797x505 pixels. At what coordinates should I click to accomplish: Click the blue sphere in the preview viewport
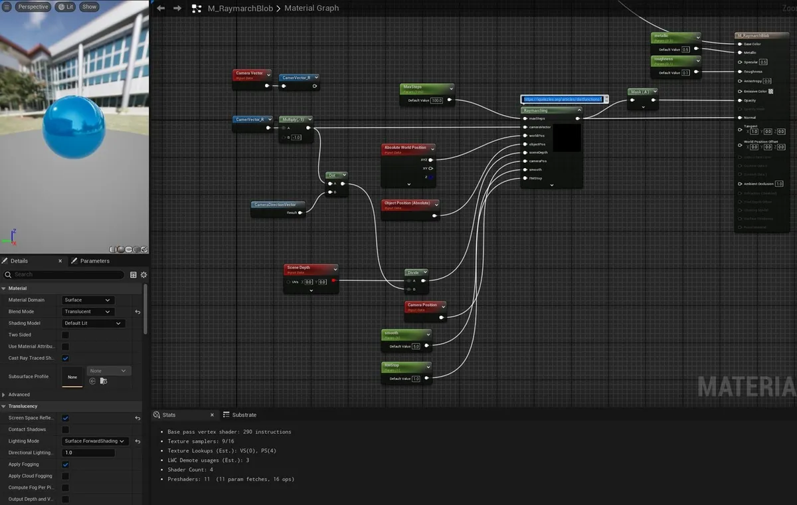pyautogui.click(x=74, y=126)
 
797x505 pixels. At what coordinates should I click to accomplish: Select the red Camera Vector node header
pyautogui.click(x=250, y=73)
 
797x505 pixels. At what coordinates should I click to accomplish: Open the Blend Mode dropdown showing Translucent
pyautogui.click(x=87, y=312)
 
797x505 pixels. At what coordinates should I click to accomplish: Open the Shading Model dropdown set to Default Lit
pyautogui.click(x=92, y=324)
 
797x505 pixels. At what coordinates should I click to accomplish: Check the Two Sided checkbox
pyautogui.click(x=65, y=335)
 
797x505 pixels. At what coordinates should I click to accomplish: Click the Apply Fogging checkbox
pyautogui.click(x=65, y=464)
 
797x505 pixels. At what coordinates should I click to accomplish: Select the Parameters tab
pyautogui.click(x=94, y=261)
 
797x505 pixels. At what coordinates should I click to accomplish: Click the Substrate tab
pyautogui.click(x=244, y=415)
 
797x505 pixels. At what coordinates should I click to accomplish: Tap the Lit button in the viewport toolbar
pyautogui.click(x=65, y=7)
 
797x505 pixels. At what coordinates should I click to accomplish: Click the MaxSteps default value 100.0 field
pyautogui.click(x=436, y=100)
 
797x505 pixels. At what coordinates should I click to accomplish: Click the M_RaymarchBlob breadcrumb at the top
pyautogui.click(x=240, y=8)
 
